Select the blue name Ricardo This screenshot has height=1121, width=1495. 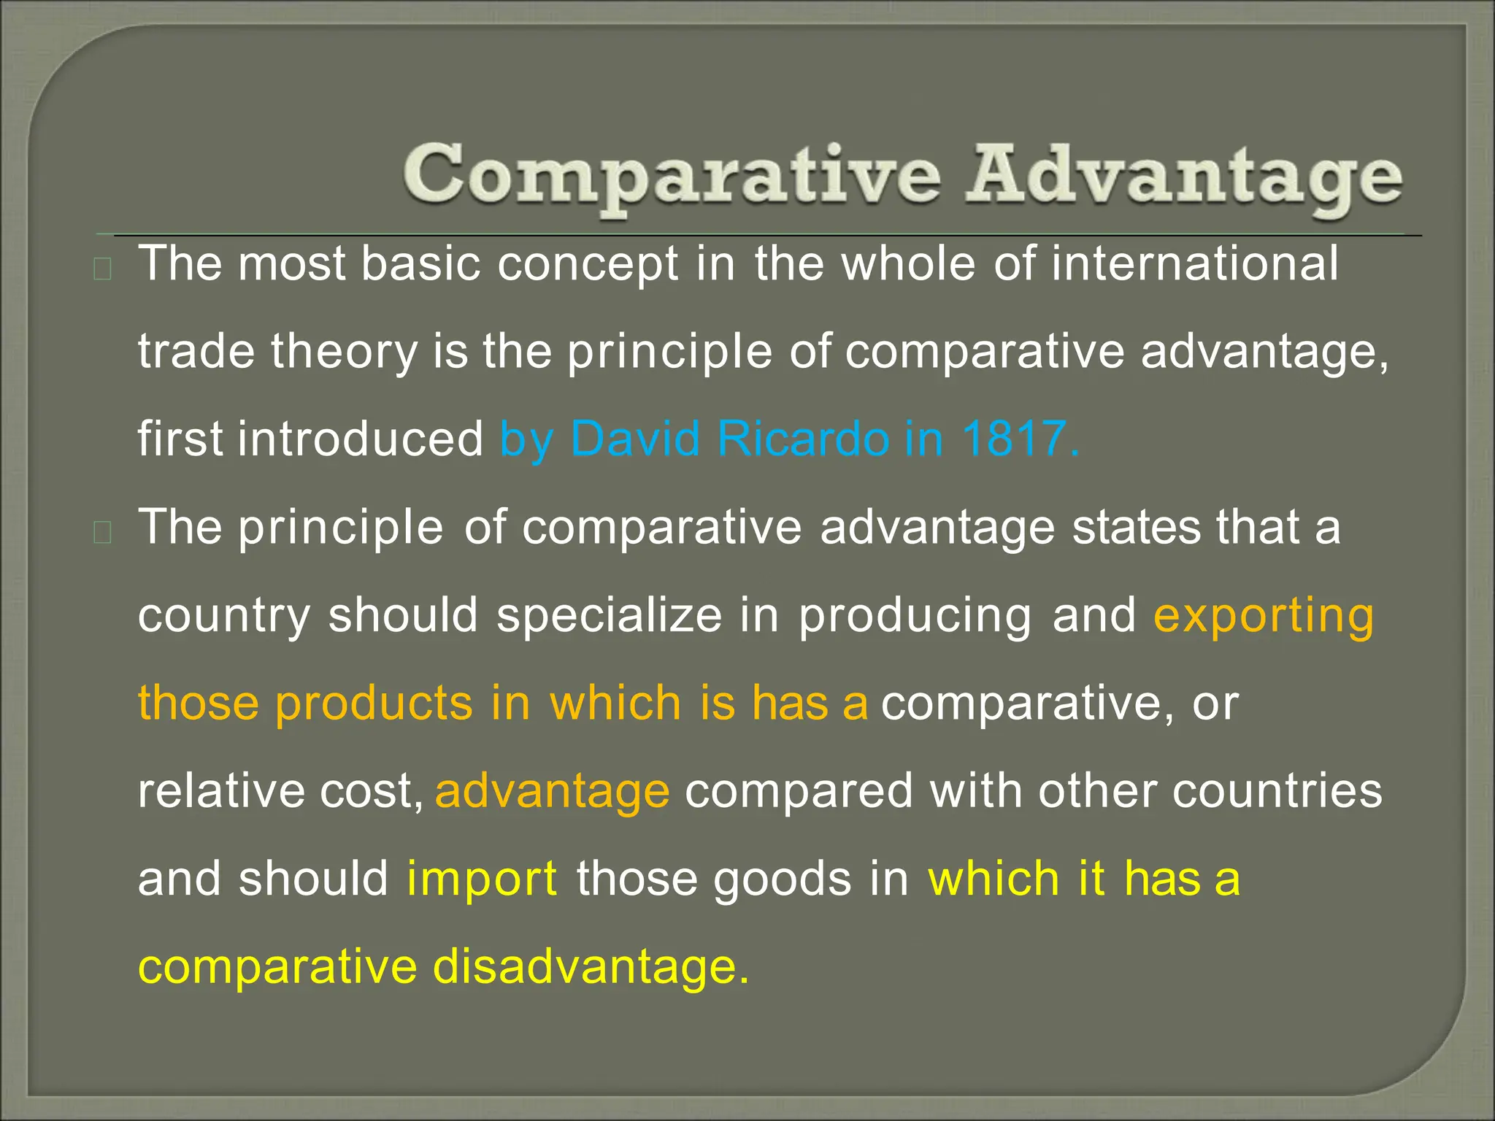[802, 439]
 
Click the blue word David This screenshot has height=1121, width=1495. [634, 439]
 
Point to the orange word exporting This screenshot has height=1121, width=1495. [1263, 615]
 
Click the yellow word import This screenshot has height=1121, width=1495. [482, 878]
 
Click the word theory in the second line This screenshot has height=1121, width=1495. [344, 352]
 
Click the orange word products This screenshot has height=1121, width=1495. [374, 704]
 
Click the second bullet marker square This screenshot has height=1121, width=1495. [103, 533]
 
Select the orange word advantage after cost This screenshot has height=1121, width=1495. [552, 792]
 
